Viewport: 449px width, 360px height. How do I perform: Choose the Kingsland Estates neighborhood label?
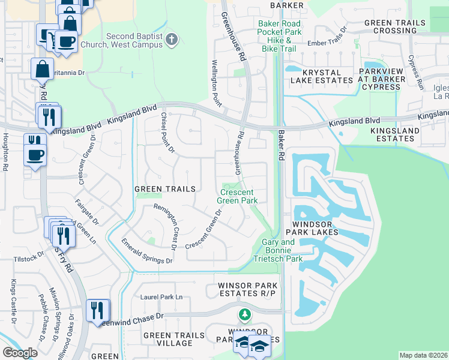click(x=392, y=134)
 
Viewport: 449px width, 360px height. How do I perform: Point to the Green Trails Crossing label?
click(x=394, y=26)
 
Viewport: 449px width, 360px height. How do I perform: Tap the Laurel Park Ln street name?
click(x=161, y=297)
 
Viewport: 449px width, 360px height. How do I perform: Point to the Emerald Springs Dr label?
click(x=146, y=251)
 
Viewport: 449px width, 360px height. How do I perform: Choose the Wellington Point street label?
click(x=214, y=83)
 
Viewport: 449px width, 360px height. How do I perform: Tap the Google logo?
click(x=20, y=353)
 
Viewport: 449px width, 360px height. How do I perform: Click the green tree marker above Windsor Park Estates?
click(x=244, y=314)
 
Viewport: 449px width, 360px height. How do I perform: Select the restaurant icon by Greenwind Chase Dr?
click(x=97, y=310)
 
